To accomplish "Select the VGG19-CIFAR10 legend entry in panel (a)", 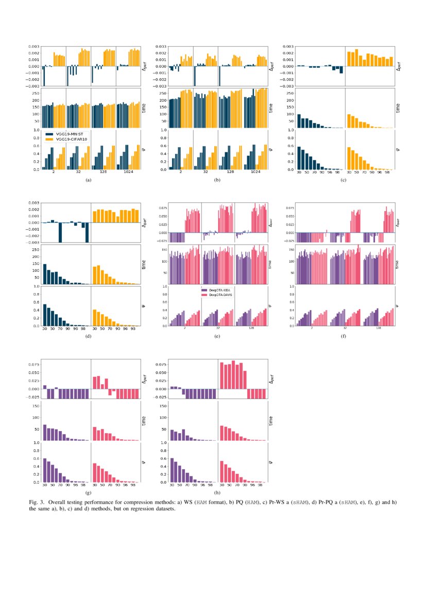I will coord(64,139).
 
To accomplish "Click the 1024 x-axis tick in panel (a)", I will coord(128,174).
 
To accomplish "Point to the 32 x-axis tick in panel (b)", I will coord(206,174).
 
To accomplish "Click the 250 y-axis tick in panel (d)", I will coord(36,250).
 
